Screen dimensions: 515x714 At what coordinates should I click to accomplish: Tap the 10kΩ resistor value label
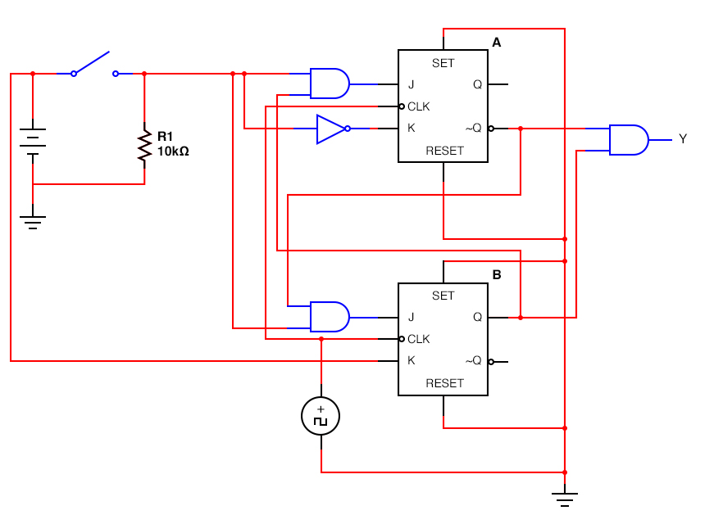(x=173, y=151)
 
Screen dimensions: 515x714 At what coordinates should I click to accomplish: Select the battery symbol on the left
(x=33, y=141)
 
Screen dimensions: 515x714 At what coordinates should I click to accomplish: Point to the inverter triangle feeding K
(x=331, y=129)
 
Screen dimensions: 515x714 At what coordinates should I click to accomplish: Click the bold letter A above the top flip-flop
(x=496, y=42)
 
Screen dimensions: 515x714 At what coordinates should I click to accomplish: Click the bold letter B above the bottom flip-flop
(x=496, y=274)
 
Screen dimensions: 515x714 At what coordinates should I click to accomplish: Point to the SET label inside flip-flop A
(x=443, y=63)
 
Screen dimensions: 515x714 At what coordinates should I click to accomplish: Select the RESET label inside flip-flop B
(x=443, y=383)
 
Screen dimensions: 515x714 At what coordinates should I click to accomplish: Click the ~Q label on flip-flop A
(x=473, y=128)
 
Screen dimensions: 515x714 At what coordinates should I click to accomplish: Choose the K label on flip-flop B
(x=411, y=360)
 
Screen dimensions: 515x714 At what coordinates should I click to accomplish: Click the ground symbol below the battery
(x=33, y=221)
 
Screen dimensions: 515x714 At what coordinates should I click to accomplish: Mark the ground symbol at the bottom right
(x=565, y=497)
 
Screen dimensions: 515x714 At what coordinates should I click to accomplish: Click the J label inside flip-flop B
(x=411, y=317)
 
